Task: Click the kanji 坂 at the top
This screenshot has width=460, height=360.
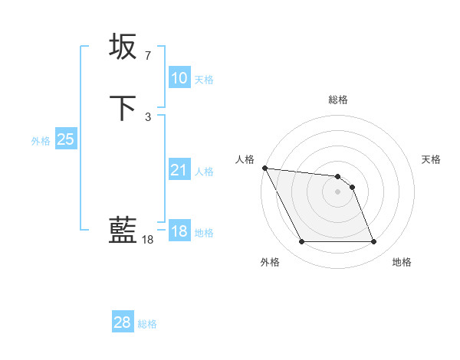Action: pyautogui.click(x=123, y=46)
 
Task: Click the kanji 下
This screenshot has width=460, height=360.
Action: pyautogui.click(x=123, y=107)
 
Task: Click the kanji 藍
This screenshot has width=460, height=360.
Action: pyautogui.click(x=123, y=230)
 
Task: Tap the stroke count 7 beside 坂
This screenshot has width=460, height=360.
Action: pyautogui.click(x=147, y=56)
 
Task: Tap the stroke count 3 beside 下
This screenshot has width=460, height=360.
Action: pyautogui.click(x=147, y=117)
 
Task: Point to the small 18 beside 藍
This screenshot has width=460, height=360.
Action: pyautogui.click(x=147, y=240)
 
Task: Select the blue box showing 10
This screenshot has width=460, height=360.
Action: pyautogui.click(x=179, y=78)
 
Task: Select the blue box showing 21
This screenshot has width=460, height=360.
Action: pyautogui.click(x=179, y=170)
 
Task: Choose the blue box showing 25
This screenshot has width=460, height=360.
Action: pyautogui.click(x=65, y=139)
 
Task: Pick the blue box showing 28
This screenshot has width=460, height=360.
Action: pyautogui.click(x=122, y=322)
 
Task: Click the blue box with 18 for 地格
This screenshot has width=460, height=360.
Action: pyautogui.click(x=179, y=231)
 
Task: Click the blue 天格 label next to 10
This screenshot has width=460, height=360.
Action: pyautogui.click(x=204, y=80)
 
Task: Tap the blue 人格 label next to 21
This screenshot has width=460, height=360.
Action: pyautogui.click(x=204, y=172)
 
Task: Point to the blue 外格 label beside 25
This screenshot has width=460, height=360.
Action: pyautogui.click(x=41, y=141)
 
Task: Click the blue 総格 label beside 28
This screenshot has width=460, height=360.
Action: pyautogui.click(x=147, y=324)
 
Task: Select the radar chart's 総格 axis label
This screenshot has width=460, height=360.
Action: pyautogui.click(x=338, y=100)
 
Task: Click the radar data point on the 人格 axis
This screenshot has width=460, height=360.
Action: pyautogui.click(x=264, y=168)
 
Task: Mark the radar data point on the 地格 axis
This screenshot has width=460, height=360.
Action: pyautogui.click(x=373, y=242)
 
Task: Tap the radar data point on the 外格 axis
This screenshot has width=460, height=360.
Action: pyautogui.click(x=301, y=242)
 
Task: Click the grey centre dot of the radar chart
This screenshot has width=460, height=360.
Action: pyautogui.click(x=337, y=191)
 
